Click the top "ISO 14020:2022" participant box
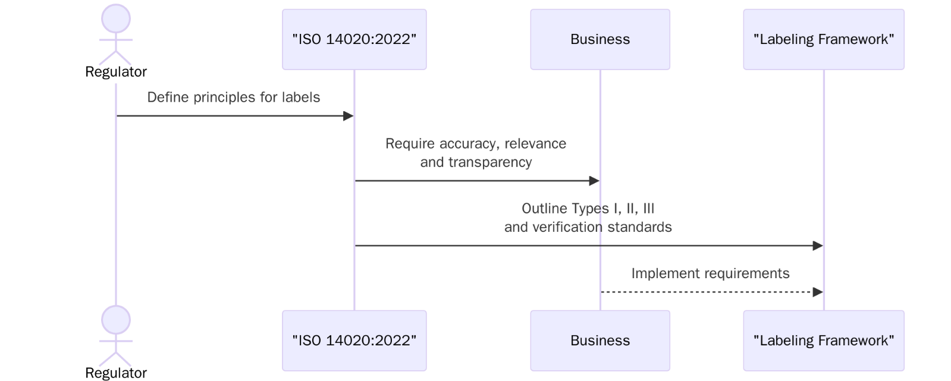coord(354,39)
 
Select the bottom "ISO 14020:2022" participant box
coord(354,341)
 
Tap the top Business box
coord(600,39)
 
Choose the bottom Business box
coord(600,341)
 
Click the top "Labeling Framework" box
coord(823,39)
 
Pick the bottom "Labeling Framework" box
coord(823,341)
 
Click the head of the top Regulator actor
coord(116,19)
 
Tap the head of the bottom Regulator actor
coord(116,320)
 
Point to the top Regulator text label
coord(116,72)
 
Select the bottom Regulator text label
coord(116,373)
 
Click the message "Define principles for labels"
coord(233,97)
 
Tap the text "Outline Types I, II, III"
coord(588,209)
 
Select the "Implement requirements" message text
coord(710,273)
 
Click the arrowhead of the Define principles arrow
coord(349,116)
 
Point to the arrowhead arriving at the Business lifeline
coord(594,181)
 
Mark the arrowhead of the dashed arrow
coord(818,292)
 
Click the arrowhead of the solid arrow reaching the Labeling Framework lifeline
coord(818,245)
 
